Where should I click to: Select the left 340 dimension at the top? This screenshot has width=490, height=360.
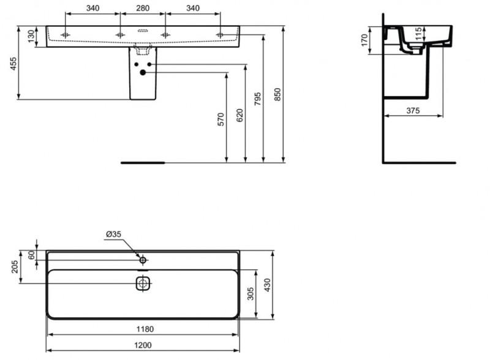point(92,8)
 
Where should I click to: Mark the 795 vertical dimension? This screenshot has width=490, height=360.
point(258,99)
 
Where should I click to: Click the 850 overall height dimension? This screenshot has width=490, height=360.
point(277,94)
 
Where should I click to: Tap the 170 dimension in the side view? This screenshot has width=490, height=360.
point(364,40)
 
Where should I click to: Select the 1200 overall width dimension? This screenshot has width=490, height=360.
point(143,346)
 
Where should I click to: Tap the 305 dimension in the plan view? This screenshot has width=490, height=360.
point(249,294)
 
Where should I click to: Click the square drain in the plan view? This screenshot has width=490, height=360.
point(143,283)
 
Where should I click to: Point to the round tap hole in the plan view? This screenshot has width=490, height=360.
point(143,260)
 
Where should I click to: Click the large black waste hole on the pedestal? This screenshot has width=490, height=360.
point(143,73)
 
